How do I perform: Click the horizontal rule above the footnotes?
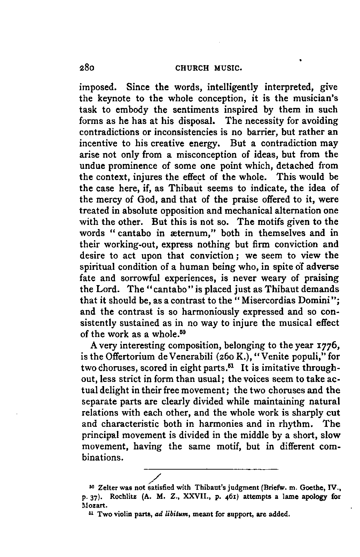[x=211, y=469]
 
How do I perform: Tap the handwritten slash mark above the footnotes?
[x=156, y=479]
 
